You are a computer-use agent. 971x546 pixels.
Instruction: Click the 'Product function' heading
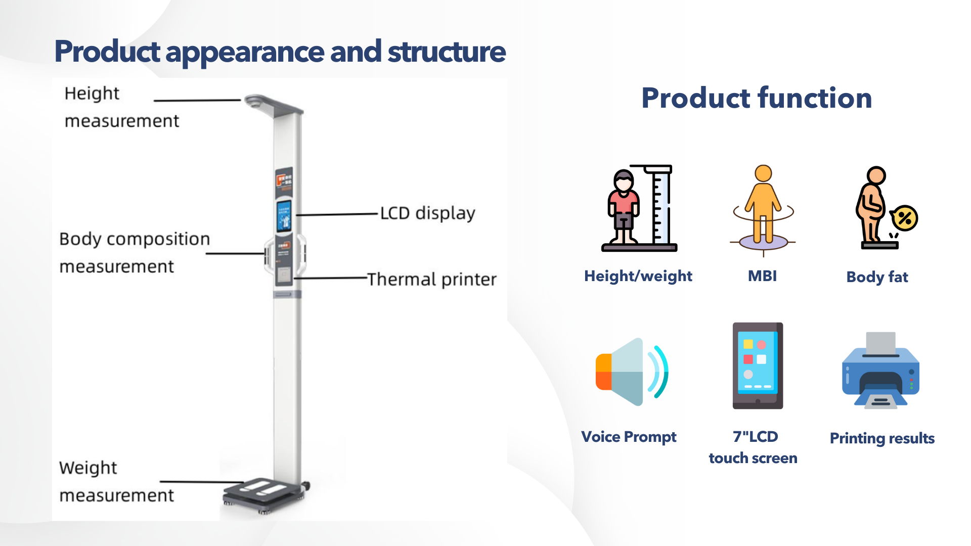pyautogui.click(x=757, y=98)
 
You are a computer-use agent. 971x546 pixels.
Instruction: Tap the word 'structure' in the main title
pyautogui.click(x=447, y=52)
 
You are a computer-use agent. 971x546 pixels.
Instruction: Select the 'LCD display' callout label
pyautogui.click(x=428, y=213)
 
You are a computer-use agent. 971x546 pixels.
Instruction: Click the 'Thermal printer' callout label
pyautogui.click(x=432, y=279)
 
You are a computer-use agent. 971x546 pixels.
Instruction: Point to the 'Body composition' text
pyautogui.click(x=135, y=239)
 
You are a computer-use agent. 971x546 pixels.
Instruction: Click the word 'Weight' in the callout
pyautogui.click(x=88, y=468)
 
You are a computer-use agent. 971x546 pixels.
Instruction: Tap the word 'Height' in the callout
pyautogui.click(x=92, y=94)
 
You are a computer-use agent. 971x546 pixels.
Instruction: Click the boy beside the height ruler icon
pyautogui.click(x=624, y=207)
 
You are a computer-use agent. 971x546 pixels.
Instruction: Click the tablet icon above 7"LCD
pyautogui.click(x=758, y=366)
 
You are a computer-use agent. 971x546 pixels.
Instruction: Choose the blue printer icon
pyautogui.click(x=880, y=370)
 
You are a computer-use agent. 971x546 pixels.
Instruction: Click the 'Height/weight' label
pyautogui.click(x=638, y=276)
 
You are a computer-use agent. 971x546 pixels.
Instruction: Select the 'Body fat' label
pyautogui.click(x=877, y=277)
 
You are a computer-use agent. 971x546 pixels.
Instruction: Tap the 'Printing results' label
pyautogui.click(x=882, y=438)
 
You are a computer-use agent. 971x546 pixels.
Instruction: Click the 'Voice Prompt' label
pyautogui.click(x=629, y=436)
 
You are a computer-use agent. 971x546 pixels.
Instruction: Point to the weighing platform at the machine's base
pyautogui.click(x=264, y=492)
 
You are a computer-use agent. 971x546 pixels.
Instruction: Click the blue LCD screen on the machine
pyautogui.click(x=284, y=215)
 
